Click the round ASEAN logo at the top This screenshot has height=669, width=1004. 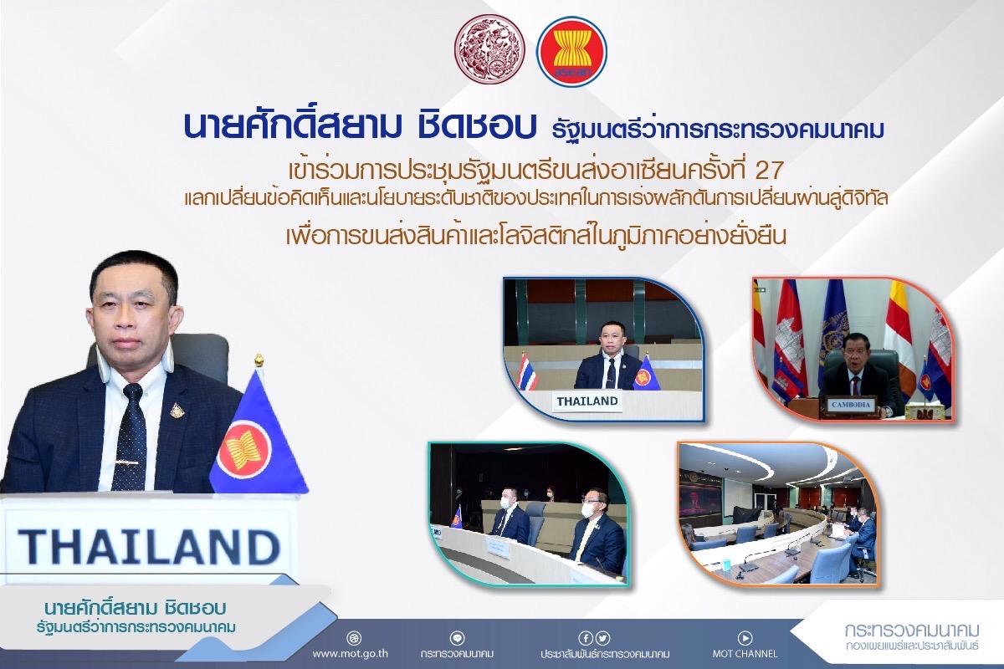point(572,52)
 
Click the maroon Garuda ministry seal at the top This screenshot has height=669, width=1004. point(489,49)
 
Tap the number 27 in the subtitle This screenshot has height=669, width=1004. point(769,170)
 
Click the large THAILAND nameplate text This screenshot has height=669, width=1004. point(149,547)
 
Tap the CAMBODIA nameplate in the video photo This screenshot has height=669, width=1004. point(851,405)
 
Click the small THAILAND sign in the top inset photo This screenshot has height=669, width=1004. point(587,401)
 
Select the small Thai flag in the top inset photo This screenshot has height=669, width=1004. point(527,371)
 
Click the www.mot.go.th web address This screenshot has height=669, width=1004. point(350,653)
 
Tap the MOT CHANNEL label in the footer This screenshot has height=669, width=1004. point(745,654)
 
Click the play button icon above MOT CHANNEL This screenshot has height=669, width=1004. point(745,637)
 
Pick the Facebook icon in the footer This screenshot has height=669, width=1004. point(586,637)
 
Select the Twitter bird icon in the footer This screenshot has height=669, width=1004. point(603,637)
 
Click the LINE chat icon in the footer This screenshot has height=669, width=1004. point(457,637)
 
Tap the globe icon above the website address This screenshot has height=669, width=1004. point(354,638)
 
